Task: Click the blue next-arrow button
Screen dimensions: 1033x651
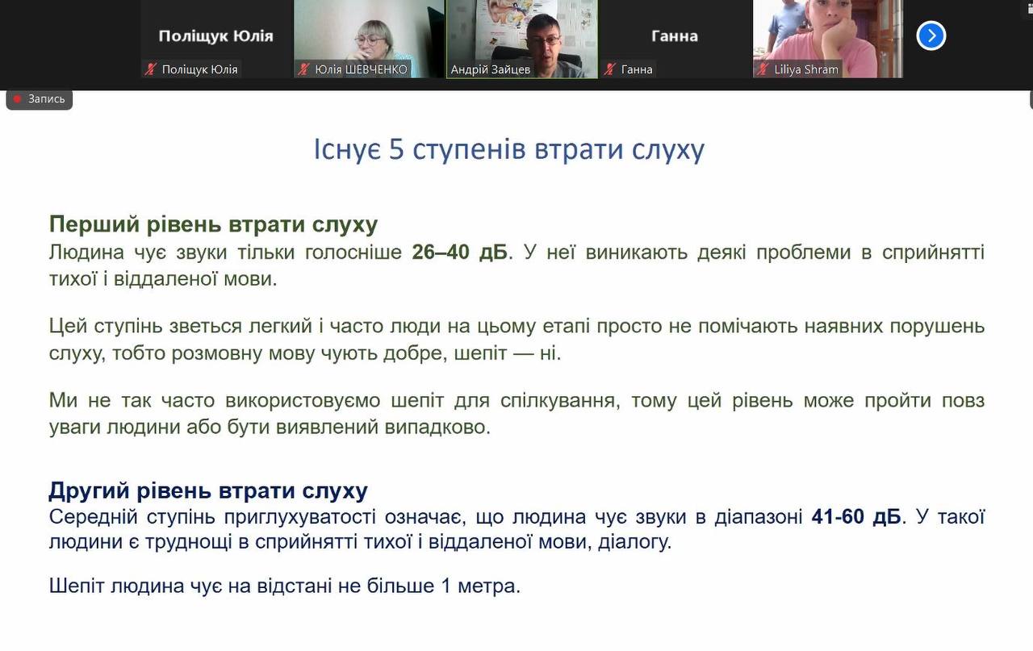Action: click(x=931, y=35)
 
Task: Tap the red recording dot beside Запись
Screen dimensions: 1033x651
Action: click(x=18, y=98)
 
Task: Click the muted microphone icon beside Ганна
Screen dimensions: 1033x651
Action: click(x=609, y=69)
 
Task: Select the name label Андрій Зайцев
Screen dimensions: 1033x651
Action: click(x=490, y=69)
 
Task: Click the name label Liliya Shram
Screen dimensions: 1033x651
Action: click(x=806, y=69)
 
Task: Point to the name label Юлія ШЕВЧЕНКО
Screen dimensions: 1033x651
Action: click(x=361, y=69)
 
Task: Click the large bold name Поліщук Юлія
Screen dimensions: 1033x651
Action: click(x=215, y=36)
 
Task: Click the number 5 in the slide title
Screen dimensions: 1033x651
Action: click(x=396, y=149)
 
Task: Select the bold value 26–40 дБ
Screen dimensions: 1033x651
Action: click(x=460, y=252)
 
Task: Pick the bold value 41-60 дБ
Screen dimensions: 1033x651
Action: click(x=856, y=517)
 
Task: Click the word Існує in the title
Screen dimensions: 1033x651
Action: click(x=347, y=149)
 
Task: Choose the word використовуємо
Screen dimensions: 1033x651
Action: click(x=303, y=400)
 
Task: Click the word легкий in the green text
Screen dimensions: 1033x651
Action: click(x=280, y=326)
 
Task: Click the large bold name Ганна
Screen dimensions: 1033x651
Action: click(x=675, y=36)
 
